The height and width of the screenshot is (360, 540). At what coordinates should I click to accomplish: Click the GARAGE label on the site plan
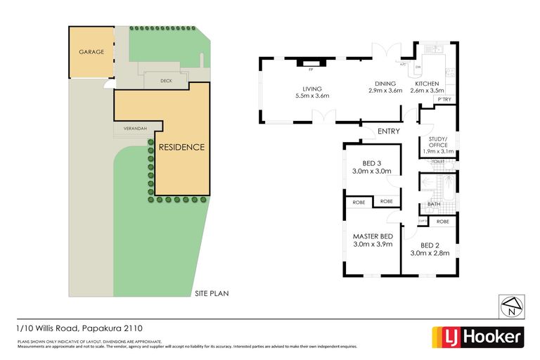pos(91,52)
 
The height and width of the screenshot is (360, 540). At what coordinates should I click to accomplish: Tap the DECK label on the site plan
pos(166,81)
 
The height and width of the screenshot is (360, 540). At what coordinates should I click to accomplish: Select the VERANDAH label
pos(136,129)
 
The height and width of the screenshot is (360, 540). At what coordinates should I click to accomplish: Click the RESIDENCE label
pos(181,148)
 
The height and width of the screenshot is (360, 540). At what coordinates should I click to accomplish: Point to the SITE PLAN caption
pos(212,294)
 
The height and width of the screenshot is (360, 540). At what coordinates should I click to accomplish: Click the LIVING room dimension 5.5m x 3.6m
pos(311,96)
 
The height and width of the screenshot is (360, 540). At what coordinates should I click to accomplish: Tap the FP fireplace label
pos(309,70)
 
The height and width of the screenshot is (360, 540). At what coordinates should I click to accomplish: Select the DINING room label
pos(385,83)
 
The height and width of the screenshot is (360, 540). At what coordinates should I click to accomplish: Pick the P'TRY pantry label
pos(444,101)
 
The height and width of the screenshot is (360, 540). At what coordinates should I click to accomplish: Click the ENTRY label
pos(389,131)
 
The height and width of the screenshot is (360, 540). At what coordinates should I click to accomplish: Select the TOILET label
pos(437,162)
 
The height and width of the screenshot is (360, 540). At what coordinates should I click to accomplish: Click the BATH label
pos(433,205)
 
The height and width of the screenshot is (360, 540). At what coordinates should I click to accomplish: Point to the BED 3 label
pos(371,162)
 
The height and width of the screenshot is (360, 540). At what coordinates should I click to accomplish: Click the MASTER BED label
pos(373,236)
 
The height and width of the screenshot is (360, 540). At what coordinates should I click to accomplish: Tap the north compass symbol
pos(511,306)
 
